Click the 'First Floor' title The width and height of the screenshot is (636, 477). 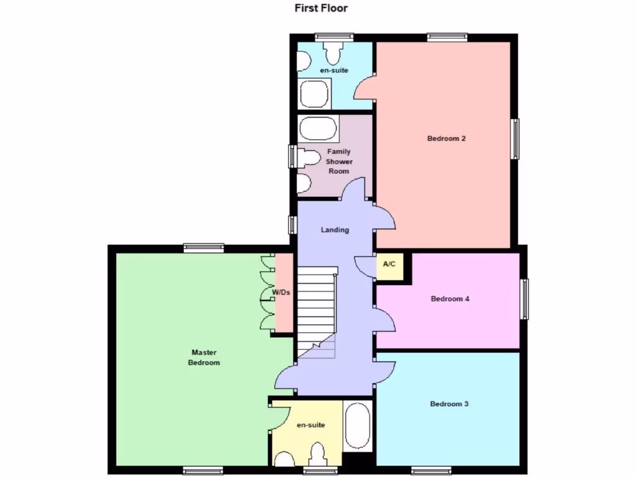coord(321,9)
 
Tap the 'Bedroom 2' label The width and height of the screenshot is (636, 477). coord(447,139)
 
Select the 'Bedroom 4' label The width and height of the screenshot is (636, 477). coord(450,299)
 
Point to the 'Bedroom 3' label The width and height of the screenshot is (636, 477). coord(449,404)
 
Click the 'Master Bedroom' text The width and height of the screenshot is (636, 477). coord(204,357)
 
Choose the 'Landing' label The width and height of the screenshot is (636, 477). coord(335,230)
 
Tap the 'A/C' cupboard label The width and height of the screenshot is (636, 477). coord(389,265)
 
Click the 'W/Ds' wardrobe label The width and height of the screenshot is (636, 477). coord(282,292)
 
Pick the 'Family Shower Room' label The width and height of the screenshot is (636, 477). coord(338,161)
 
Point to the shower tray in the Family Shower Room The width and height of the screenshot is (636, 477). coord(318,129)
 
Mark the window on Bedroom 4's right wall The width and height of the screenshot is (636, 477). coord(525,299)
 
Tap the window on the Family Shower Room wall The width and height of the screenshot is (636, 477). coord(291,156)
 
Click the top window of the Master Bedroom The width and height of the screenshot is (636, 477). coord(204,248)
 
